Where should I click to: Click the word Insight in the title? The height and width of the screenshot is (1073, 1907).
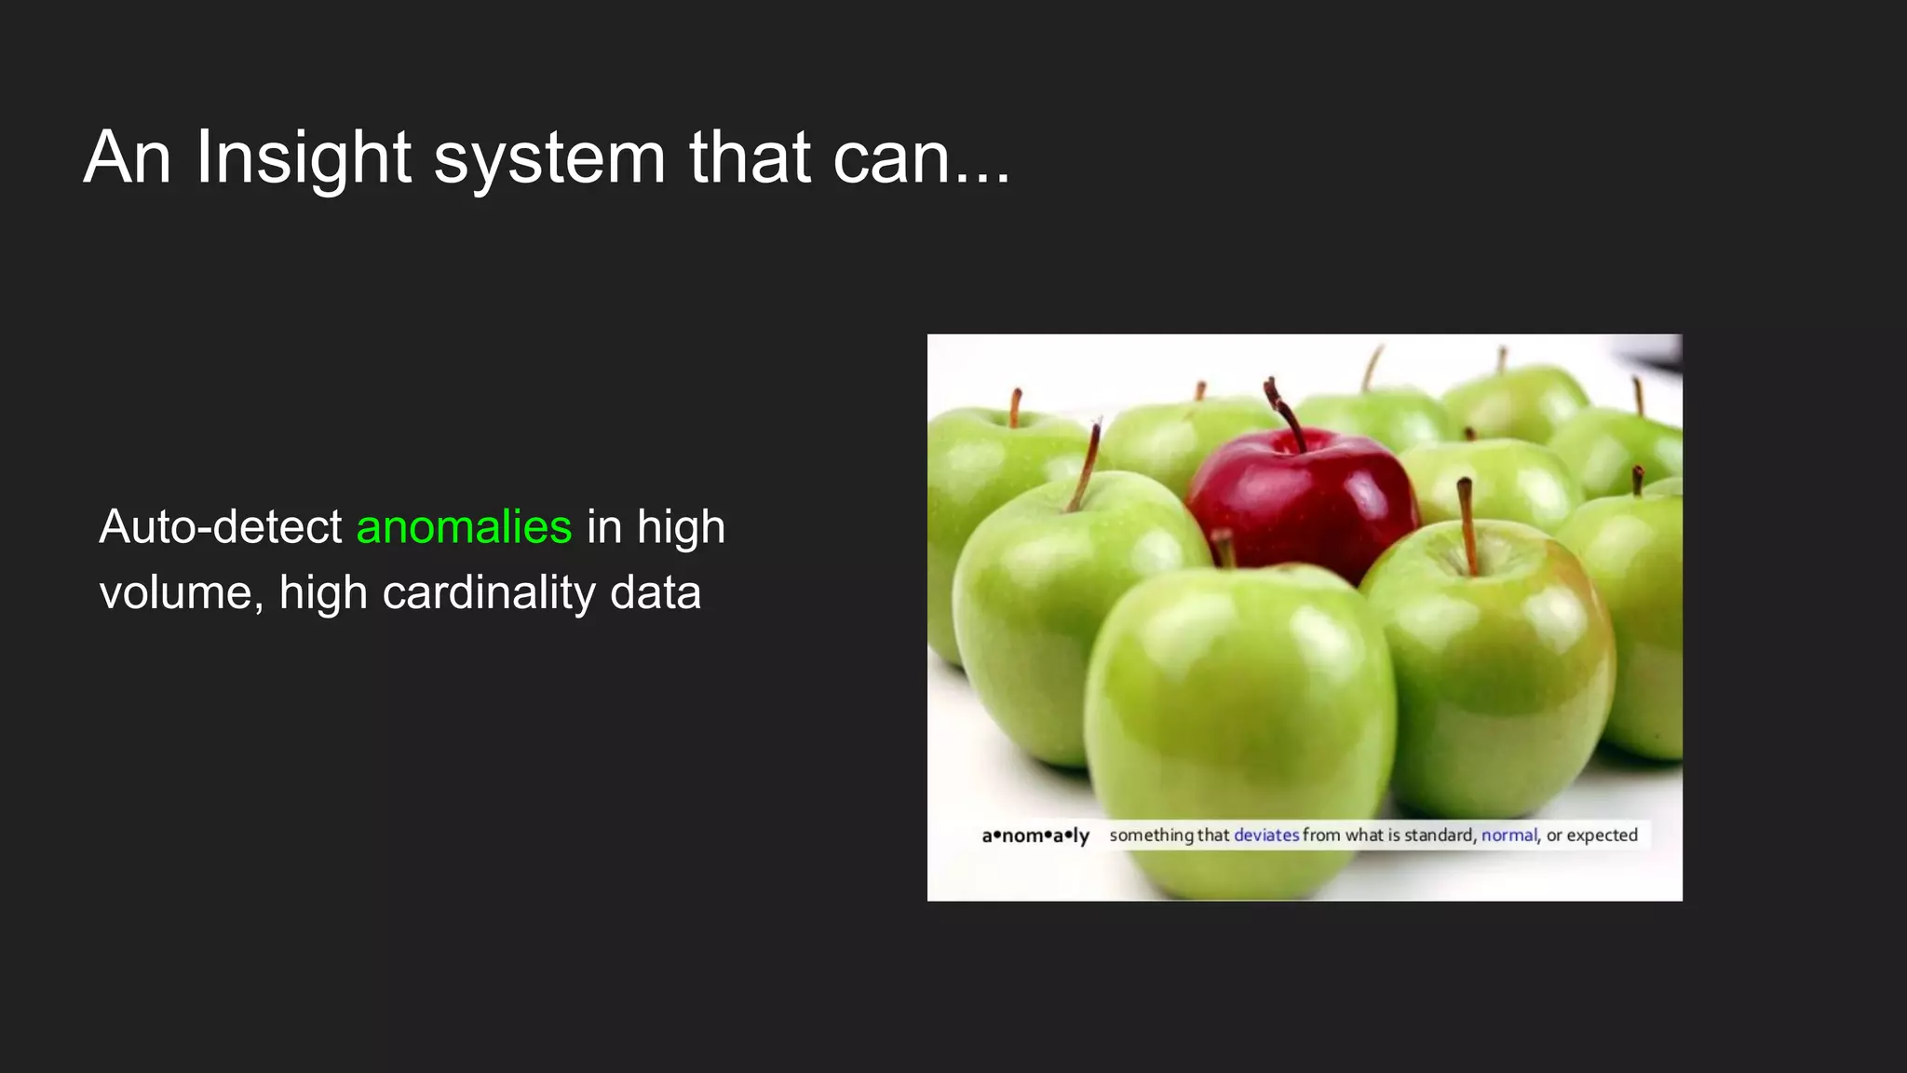tap(303, 158)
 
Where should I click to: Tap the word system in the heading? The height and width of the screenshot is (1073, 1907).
tap(549, 158)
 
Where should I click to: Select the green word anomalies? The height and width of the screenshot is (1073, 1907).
tap(464, 527)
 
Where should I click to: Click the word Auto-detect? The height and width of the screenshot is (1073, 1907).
tap(221, 527)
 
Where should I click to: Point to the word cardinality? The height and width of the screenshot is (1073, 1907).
tap(490, 593)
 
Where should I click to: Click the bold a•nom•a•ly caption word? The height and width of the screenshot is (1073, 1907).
tap(1035, 835)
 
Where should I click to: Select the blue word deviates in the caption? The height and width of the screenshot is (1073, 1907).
tap(1265, 835)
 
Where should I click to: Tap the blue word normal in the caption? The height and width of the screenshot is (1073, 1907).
tap(1508, 835)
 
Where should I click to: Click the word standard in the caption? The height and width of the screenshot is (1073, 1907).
tap(1439, 835)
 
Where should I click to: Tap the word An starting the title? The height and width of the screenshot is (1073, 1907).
tap(128, 158)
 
